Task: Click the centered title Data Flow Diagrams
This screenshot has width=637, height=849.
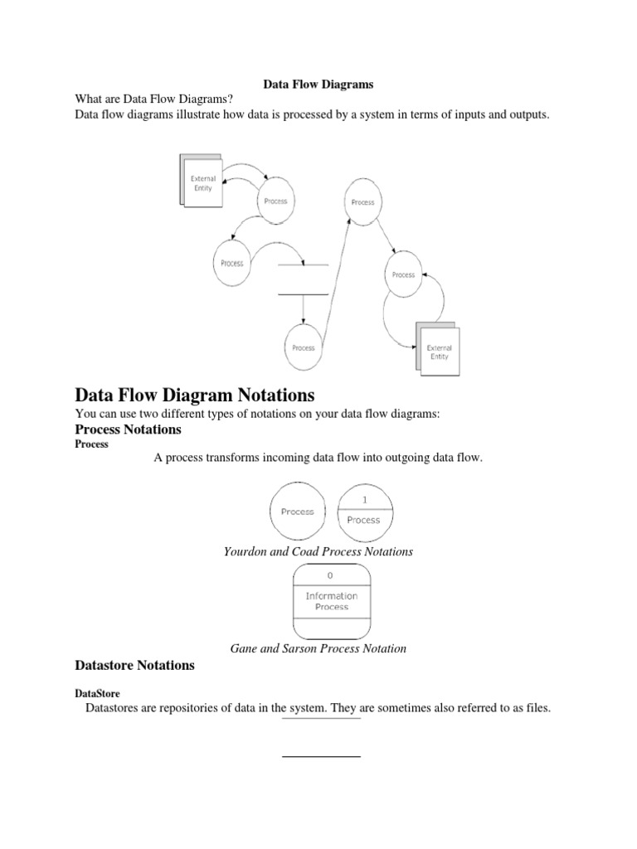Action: tap(318, 84)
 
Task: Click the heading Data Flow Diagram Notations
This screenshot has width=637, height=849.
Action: tap(195, 393)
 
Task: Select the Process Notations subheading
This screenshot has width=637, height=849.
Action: tap(128, 429)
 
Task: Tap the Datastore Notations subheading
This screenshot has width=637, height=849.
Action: tap(134, 665)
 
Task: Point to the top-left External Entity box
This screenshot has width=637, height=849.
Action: tap(202, 182)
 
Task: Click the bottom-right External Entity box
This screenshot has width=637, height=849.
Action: tap(438, 352)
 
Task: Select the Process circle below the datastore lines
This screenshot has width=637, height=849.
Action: tap(303, 348)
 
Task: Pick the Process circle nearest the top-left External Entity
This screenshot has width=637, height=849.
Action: tap(275, 201)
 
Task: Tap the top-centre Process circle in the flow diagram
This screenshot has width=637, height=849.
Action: tap(362, 201)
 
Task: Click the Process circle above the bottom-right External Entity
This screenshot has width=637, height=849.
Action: tap(403, 274)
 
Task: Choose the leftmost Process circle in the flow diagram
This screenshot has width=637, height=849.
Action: tap(232, 263)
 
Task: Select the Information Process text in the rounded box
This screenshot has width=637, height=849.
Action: tap(331, 601)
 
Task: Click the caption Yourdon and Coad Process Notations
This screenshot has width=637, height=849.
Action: tap(318, 551)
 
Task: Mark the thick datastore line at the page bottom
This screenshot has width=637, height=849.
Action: tap(322, 756)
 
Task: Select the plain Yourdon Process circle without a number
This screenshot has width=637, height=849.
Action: tap(298, 512)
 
